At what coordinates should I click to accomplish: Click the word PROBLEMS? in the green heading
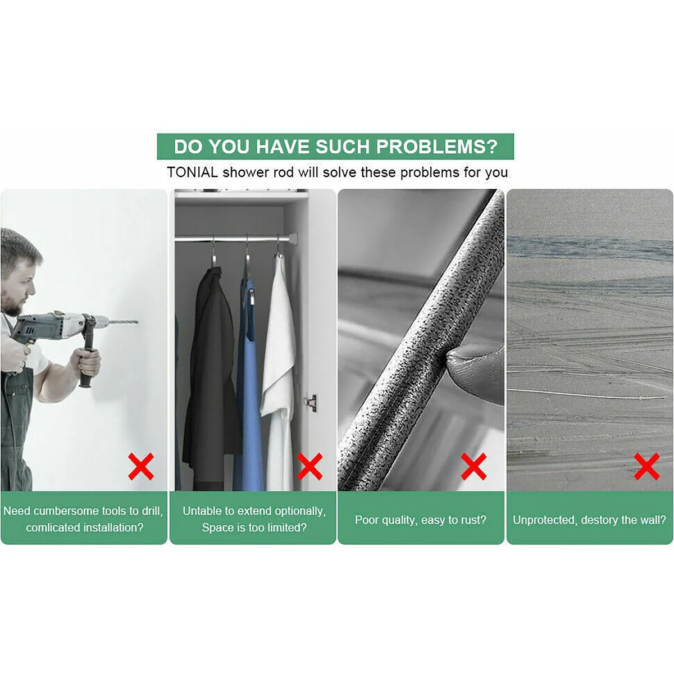click(x=436, y=147)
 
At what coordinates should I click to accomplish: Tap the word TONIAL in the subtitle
click(x=193, y=172)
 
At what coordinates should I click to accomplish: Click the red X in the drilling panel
click(x=141, y=466)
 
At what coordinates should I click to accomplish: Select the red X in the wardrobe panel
click(x=310, y=466)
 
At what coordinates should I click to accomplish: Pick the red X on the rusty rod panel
click(x=473, y=466)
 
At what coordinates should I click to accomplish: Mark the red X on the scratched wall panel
click(x=646, y=466)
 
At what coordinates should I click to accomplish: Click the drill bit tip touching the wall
click(x=136, y=322)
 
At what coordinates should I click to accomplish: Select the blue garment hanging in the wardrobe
click(x=249, y=385)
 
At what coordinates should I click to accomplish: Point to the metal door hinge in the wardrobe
click(x=311, y=402)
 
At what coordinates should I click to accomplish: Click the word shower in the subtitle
click(x=247, y=172)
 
